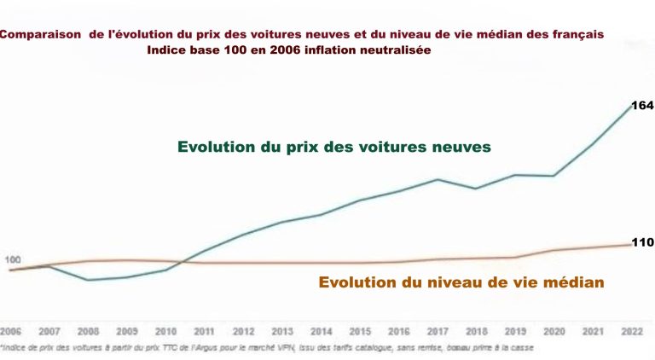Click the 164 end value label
click(641, 106)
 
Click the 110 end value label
click(641, 242)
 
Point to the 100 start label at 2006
click(13, 259)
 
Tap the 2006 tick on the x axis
click(10, 330)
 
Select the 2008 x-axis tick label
click(88, 330)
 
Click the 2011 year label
click(205, 330)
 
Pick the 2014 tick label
click(322, 330)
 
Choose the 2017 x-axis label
click(438, 330)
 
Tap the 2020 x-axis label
click(554, 330)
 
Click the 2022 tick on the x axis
click(632, 330)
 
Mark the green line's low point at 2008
click(88, 280)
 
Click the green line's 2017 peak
click(438, 179)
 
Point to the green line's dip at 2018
click(476, 189)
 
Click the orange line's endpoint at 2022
click(632, 245)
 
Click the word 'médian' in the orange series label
click(575, 282)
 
